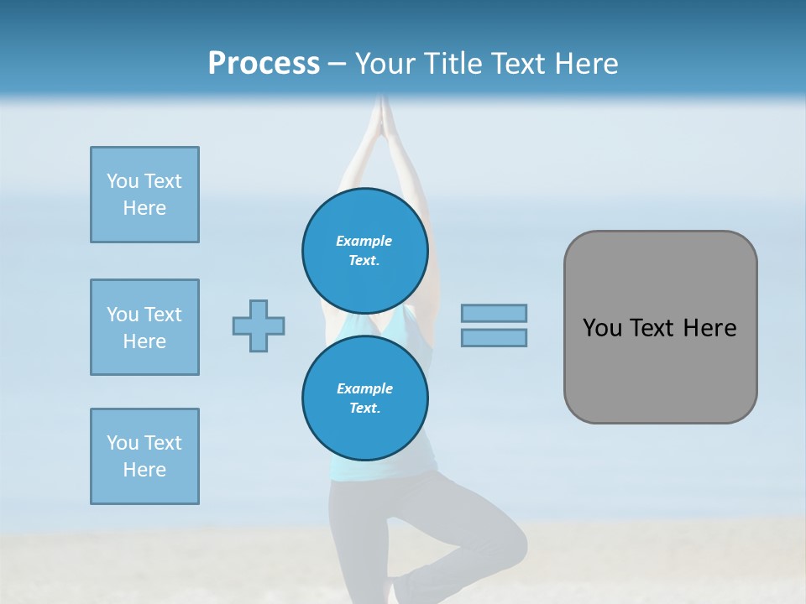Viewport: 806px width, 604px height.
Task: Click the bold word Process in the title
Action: click(264, 64)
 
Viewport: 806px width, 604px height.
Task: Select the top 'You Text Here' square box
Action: click(144, 195)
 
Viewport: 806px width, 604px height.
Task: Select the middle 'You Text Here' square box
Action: click(144, 327)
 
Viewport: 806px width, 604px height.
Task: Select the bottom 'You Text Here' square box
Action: click(144, 456)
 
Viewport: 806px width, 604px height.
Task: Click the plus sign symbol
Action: click(259, 325)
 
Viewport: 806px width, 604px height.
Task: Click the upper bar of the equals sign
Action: click(494, 313)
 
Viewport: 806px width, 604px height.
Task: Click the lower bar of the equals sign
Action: click(494, 337)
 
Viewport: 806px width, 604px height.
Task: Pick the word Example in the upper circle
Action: click(364, 241)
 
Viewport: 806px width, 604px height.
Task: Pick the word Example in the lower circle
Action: click(364, 388)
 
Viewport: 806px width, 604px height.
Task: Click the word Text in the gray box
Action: click(652, 328)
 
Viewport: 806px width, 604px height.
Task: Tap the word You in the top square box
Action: click(121, 181)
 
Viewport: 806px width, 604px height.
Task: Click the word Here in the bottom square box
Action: click(144, 470)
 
